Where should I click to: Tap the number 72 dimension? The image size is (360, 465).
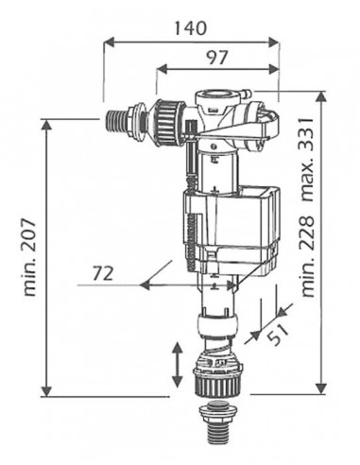click(104, 275)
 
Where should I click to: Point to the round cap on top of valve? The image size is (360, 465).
click(214, 95)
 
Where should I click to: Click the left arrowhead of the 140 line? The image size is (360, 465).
click(107, 42)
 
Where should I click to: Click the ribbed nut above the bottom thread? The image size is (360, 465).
click(219, 380)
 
